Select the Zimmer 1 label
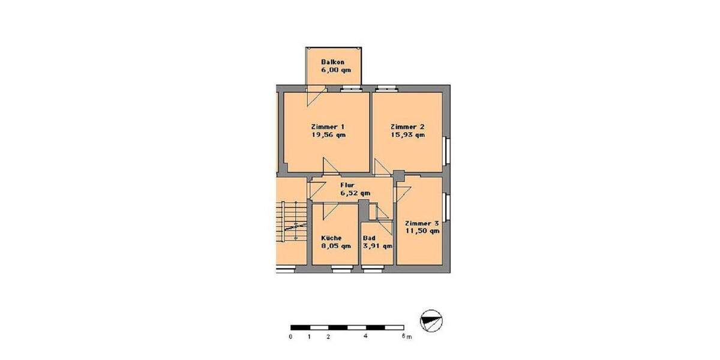point(328,127)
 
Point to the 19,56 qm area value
point(328,135)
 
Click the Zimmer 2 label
point(407,127)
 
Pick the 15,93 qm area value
point(407,135)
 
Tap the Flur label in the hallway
point(347,185)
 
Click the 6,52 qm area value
point(355,193)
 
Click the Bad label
point(368,238)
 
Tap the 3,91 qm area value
point(377,246)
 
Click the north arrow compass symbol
point(432,320)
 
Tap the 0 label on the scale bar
point(290,337)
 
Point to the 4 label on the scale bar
point(365,337)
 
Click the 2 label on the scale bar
point(328,337)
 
